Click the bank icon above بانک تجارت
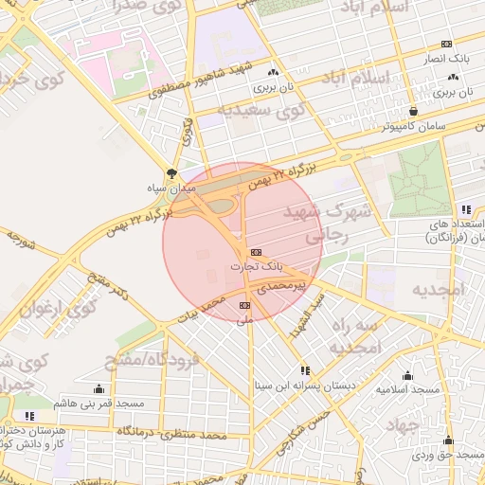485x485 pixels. (256, 253)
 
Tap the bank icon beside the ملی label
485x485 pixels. (245, 305)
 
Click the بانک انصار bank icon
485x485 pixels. (446, 44)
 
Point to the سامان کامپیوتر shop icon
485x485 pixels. (412, 110)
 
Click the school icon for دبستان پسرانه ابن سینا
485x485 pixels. (305, 370)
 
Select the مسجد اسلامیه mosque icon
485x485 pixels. (408, 375)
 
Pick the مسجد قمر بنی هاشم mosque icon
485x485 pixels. (99, 388)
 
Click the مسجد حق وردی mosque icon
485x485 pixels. (448, 440)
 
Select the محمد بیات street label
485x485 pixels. (205, 307)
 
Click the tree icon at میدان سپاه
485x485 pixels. (171, 173)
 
